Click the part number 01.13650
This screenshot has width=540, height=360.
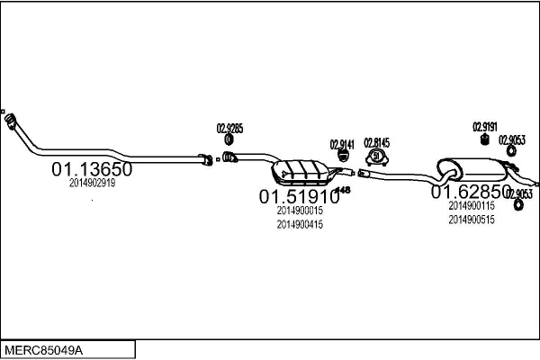pos(92,168)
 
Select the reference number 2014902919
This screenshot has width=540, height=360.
pos(92,183)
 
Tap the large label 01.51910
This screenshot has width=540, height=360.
pos(299,195)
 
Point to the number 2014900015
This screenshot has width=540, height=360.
pos(300,211)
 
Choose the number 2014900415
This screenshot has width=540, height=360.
pos(300,224)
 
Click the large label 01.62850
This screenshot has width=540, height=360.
pos(470,192)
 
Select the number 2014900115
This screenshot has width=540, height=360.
pos(471,205)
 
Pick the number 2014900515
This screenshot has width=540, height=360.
pos(471,219)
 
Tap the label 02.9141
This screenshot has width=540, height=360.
pos(342,144)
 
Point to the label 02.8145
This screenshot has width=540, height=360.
pos(376,142)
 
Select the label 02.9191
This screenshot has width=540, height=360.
pos(484,127)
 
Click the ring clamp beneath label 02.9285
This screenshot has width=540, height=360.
pos(229,139)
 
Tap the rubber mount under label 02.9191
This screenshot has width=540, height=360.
pos(484,139)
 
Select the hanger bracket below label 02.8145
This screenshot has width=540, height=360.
pos(376,158)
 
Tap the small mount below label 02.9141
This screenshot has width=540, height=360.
pos(343,157)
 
